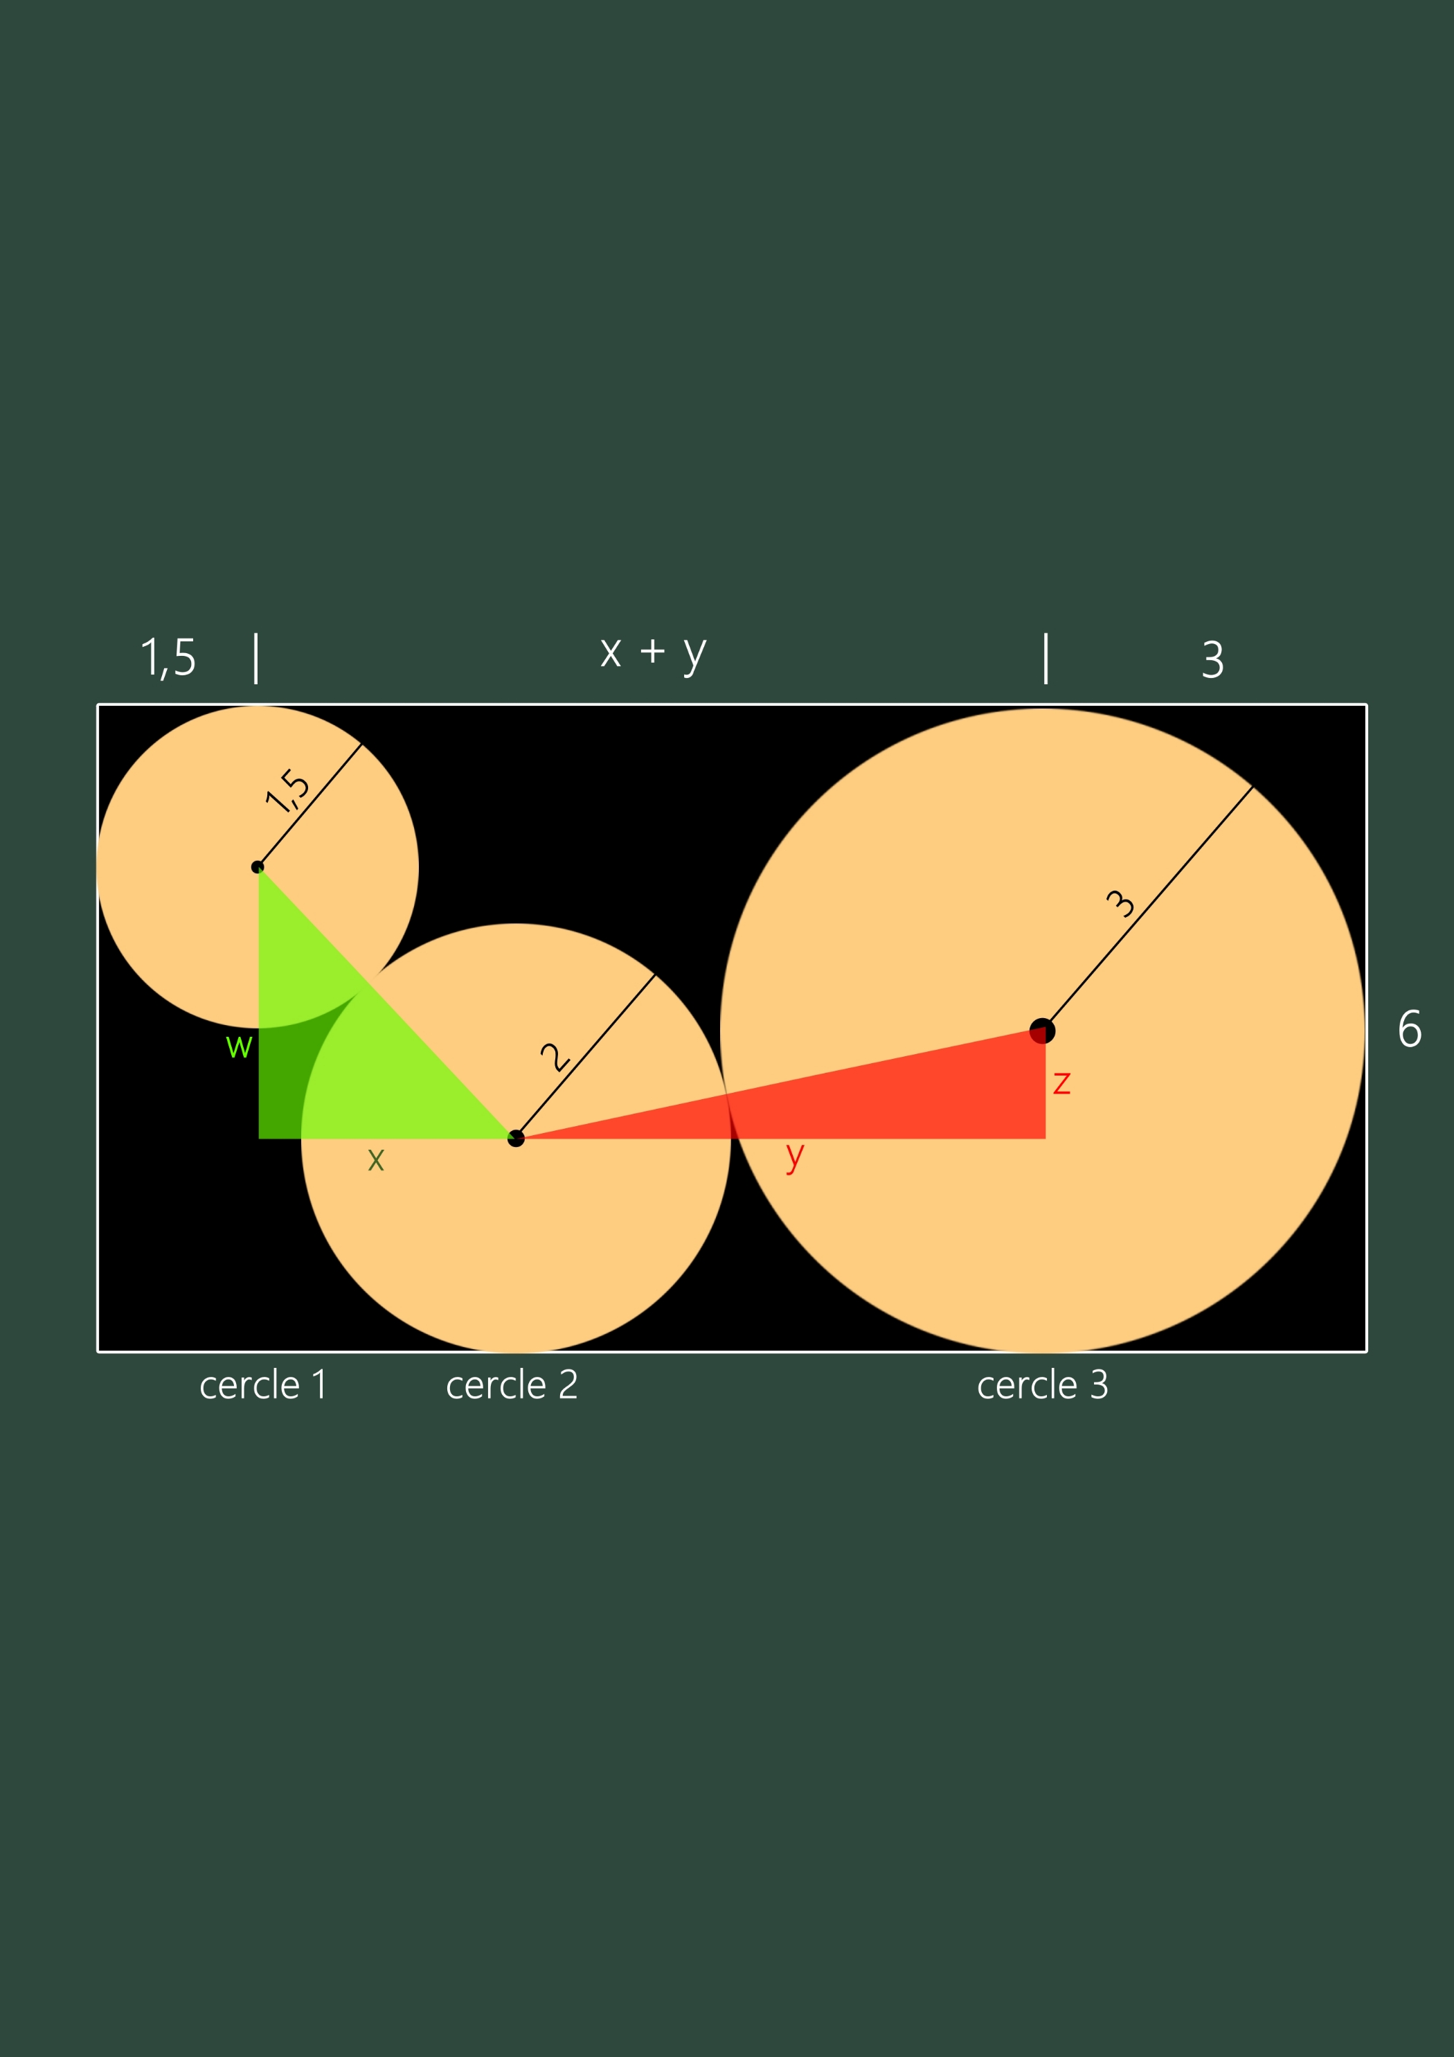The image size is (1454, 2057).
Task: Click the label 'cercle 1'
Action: coord(262,1385)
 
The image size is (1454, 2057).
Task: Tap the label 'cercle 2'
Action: coord(512,1385)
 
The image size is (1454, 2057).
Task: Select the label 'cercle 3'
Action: coord(1043,1385)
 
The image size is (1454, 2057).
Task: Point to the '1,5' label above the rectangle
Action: coord(168,659)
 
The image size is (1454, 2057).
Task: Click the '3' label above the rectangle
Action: coord(1212,660)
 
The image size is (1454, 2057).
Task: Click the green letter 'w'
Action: coord(239,1047)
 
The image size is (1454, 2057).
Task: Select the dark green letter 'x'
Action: coord(376,1160)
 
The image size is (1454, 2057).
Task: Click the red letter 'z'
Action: coord(1061,1083)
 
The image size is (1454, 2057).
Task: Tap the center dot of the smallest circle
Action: coord(257,866)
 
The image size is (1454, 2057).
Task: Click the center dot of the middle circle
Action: coord(516,1139)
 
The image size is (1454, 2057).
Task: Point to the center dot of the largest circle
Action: coord(1042,1031)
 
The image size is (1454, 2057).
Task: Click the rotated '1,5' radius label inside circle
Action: coord(287,790)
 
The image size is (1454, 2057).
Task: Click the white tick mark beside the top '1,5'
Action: coord(256,659)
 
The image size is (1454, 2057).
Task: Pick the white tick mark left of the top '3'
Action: coord(1045,659)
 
